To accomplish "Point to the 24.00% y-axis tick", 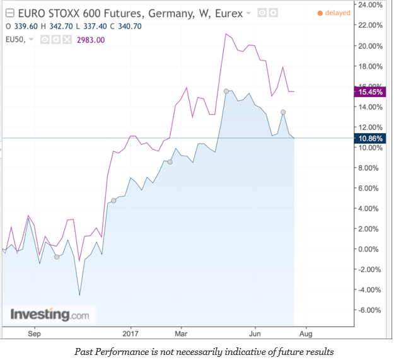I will pos(369,5).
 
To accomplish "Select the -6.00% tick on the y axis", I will pos(369,310).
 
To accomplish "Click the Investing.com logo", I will pos(49,314).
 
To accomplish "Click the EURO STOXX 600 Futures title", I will pos(86,13).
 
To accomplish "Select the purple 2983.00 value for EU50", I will pos(90,40).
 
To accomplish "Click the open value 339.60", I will pos(25,27).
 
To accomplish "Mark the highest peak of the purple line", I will pos(226,34).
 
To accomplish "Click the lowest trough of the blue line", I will pos(79,294).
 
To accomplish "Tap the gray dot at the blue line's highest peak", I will pos(226,91).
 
